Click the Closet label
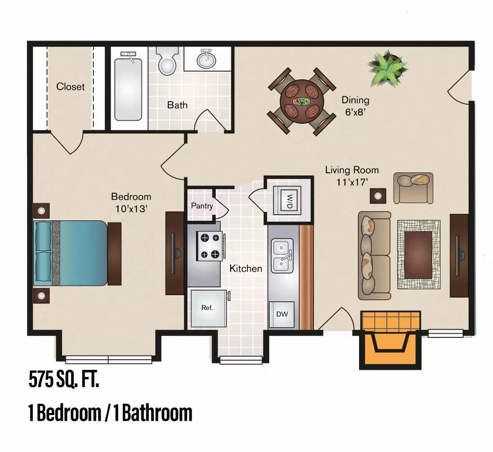70,87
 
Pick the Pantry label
202,206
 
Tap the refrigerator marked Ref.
208,308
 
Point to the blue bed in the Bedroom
72,253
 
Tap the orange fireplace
390,340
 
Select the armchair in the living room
413,188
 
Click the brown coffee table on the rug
418,255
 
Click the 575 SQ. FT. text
64,380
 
